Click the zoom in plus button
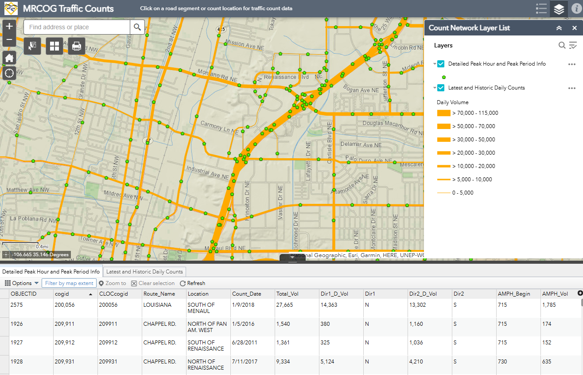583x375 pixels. click(x=9, y=27)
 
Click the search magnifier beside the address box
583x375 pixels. click(x=137, y=27)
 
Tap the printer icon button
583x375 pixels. click(x=76, y=46)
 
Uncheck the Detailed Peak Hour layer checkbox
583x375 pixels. click(x=441, y=64)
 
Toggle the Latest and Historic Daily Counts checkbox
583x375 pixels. click(x=441, y=88)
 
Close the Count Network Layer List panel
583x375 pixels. click(x=574, y=28)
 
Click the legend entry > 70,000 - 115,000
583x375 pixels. click(x=475, y=113)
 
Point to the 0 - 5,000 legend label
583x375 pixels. click(x=463, y=193)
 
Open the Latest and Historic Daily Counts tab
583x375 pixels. click(x=144, y=272)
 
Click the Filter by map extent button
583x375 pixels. click(x=69, y=283)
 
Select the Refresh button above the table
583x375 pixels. click(x=193, y=283)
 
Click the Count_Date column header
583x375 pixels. click(x=246, y=294)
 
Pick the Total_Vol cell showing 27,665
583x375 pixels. click(x=284, y=305)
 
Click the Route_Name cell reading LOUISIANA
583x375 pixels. click(x=157, y=305)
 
